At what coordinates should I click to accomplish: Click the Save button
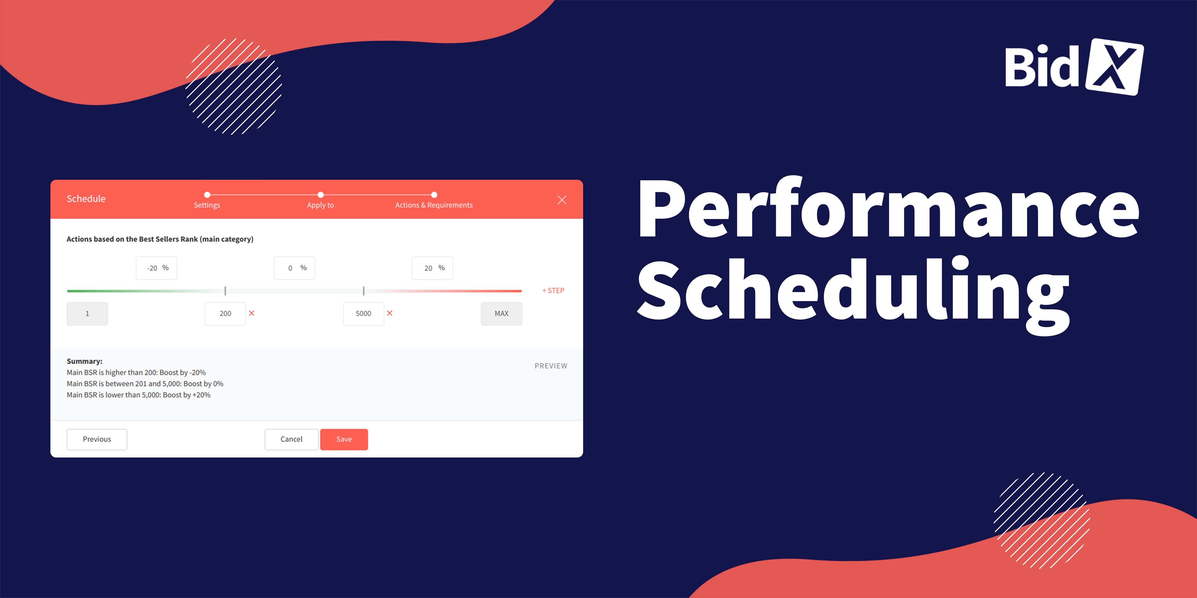pos(344,439)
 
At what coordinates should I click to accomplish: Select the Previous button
pos(97,439)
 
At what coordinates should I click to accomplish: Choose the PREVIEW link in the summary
pos(551,366)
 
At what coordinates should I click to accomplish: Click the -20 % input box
pos(156,268)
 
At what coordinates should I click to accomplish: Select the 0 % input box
pos(295,268)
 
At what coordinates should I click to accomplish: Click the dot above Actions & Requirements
pos(434,195)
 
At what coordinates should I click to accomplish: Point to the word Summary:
pos(85,361)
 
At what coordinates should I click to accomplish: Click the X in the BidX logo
pos(1114,67)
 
